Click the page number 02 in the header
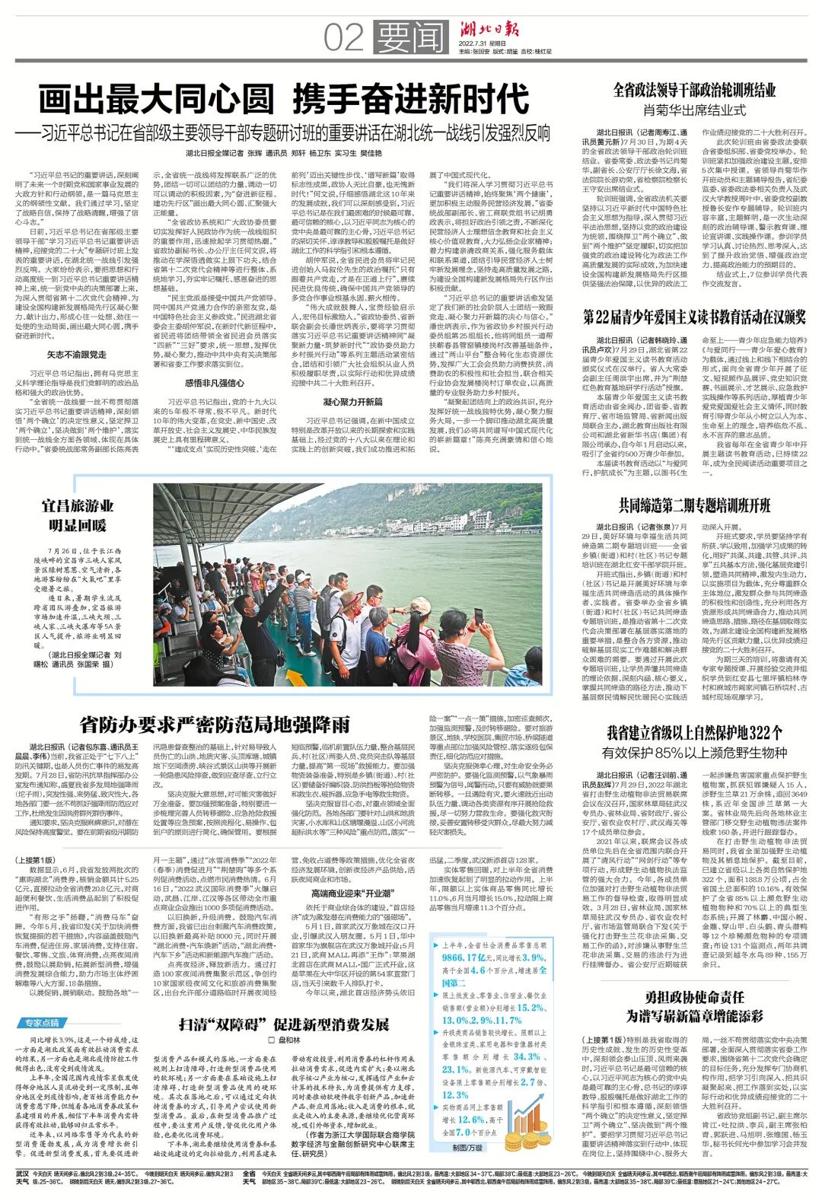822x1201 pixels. click(343, 37)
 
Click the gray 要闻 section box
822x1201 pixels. click(409, 37)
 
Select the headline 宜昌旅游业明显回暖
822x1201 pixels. click(78, 515)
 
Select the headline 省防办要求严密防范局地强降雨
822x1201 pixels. click(215, 723)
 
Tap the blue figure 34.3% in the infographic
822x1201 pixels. click(526, 1056)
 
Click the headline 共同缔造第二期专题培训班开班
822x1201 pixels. click(694, 505)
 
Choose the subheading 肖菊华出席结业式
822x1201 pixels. click(694, 110)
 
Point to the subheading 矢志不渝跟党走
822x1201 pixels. click(77, 355)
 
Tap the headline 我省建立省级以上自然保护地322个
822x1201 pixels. click(694, 733)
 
